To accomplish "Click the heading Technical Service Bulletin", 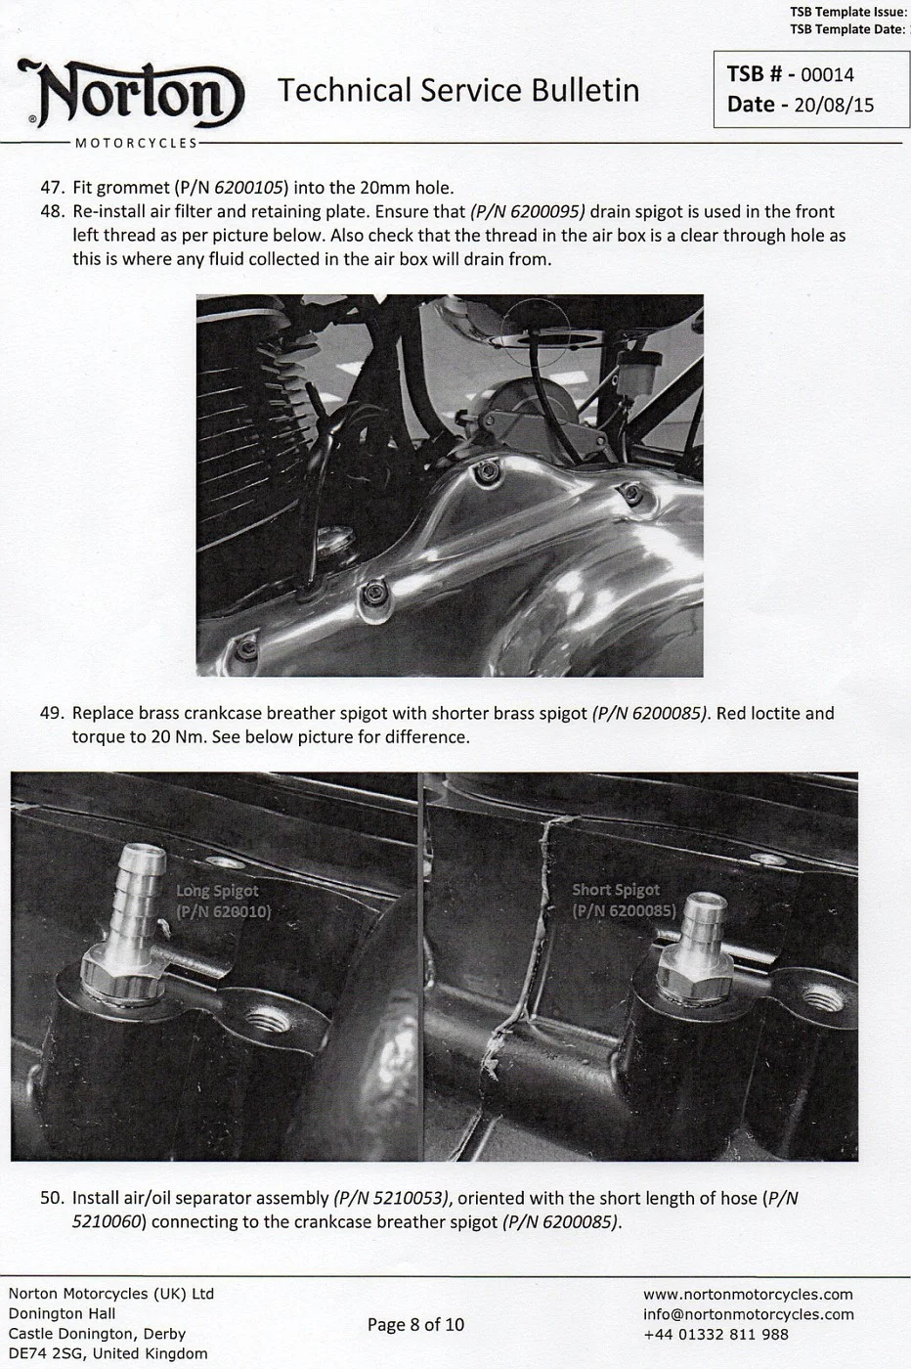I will [458, 91].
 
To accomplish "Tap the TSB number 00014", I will [827, 75].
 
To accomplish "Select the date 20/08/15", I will [834, 106].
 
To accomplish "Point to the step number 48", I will [52, 212].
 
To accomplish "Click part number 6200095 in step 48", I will [528, 212].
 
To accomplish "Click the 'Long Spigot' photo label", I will [217, 891].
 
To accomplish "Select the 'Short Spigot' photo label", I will [616, 890].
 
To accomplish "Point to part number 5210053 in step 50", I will [391, 1199].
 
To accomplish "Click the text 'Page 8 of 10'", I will [415, 1325].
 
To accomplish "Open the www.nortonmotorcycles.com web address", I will [748, 1295].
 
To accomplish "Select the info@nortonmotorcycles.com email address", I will [748, 1314].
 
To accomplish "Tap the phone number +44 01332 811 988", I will [716, 1335].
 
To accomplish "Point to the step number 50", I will [52, 1199].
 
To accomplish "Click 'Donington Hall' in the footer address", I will [62, 1314].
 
